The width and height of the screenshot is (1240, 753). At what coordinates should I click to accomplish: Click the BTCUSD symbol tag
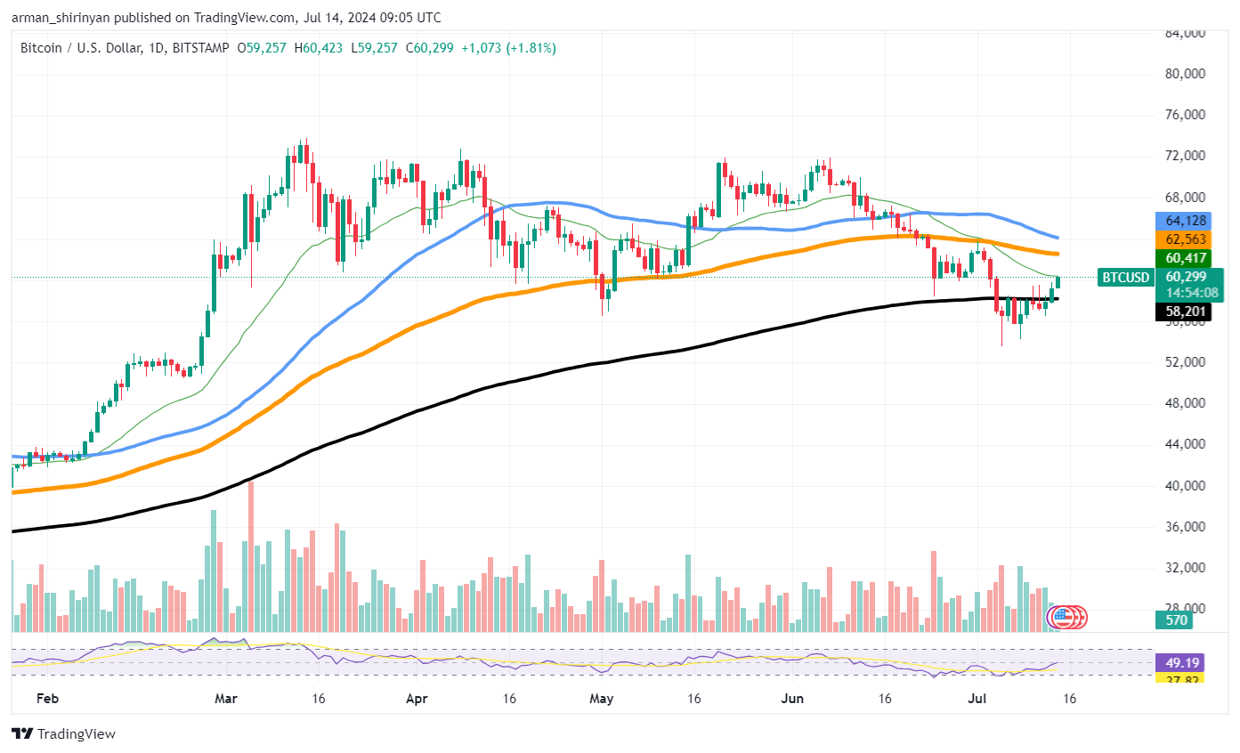pos(1125,278)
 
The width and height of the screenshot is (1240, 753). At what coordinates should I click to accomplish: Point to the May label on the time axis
pos(602,699)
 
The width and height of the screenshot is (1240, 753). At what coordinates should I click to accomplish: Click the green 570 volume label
pos(1177,620)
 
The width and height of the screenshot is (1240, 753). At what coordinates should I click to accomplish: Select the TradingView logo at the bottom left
pos(63,734)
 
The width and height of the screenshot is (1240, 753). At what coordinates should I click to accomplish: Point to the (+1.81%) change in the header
pos(532,48)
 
